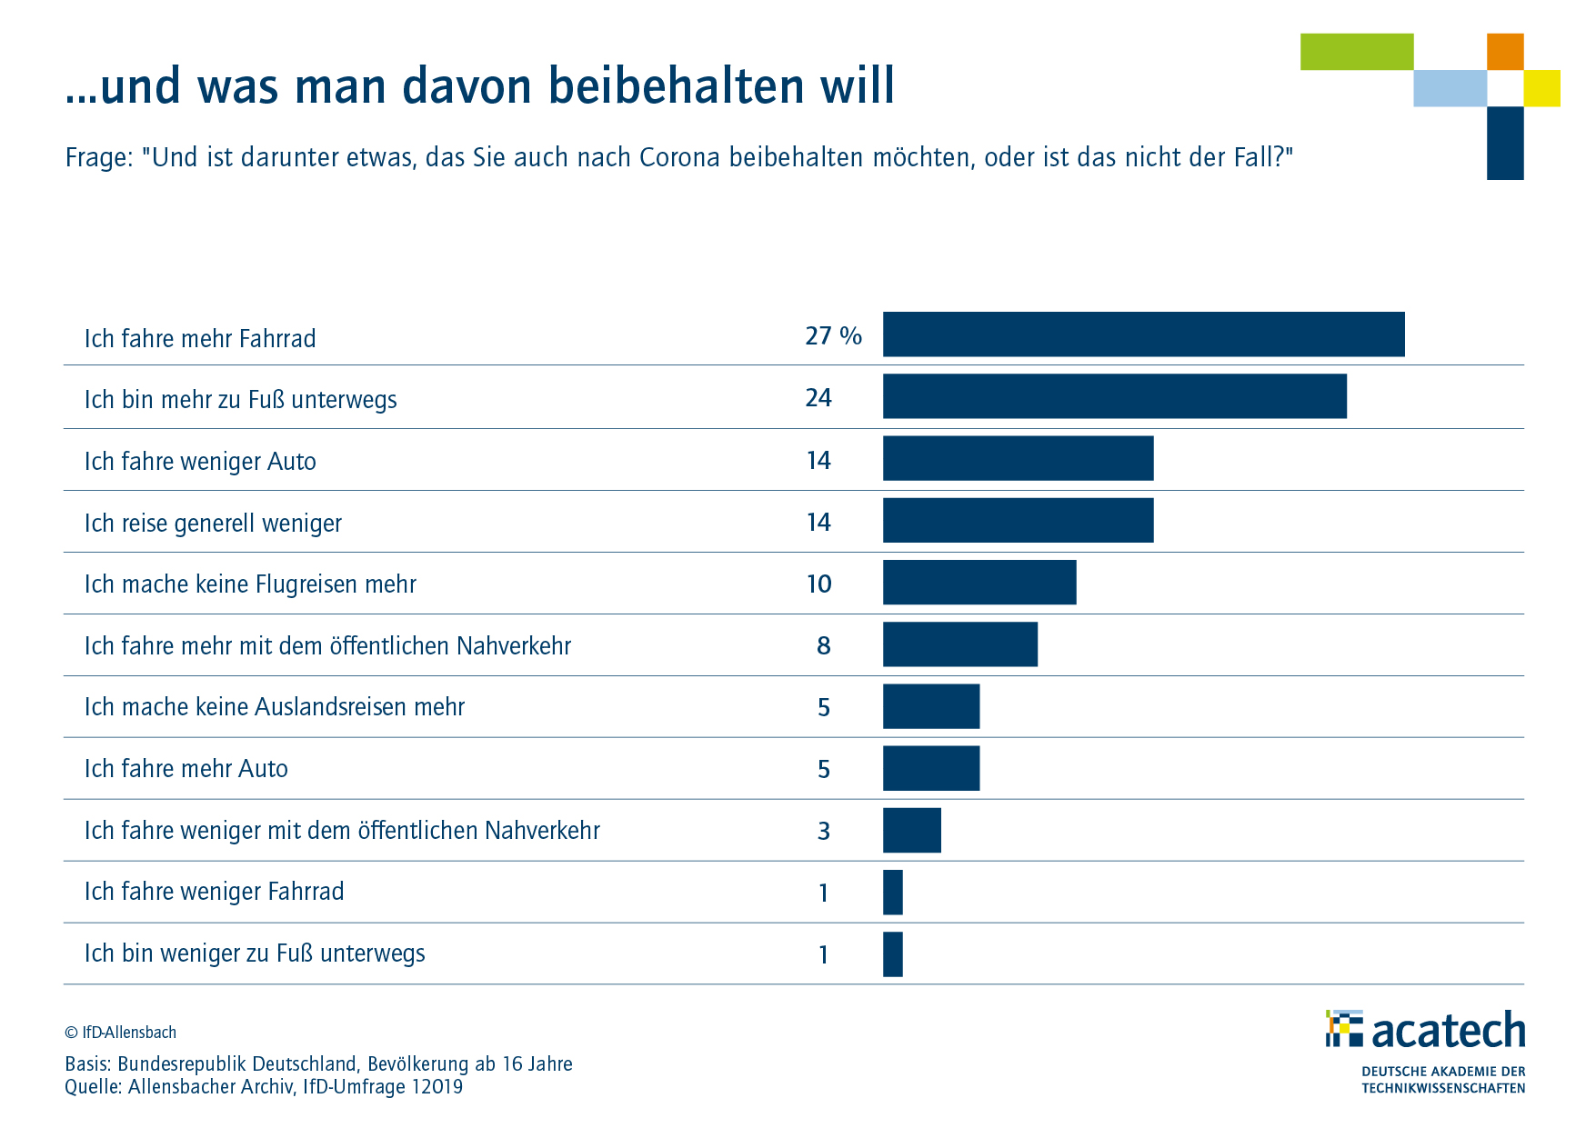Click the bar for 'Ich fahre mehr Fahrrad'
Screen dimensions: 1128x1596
(1143, 334)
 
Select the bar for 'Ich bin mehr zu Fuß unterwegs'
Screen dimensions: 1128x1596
(1114, 396)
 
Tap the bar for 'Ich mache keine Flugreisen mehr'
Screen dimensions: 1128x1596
(979, 582)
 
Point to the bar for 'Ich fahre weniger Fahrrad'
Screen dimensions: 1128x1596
(893, 892)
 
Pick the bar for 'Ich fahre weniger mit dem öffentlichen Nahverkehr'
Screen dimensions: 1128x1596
(912, 830)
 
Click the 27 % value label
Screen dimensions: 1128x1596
(833, 336)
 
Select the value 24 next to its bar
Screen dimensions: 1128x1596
(818, 398)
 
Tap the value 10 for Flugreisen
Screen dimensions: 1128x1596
(819, 584)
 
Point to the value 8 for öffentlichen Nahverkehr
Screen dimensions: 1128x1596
(824, 645)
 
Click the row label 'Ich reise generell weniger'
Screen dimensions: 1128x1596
(213, 524)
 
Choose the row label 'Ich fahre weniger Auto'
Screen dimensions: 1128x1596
(200, 462)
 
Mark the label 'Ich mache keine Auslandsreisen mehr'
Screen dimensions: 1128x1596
(274, 707)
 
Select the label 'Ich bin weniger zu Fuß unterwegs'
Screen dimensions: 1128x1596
(255, 953)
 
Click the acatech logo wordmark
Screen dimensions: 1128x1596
(1448, 1030)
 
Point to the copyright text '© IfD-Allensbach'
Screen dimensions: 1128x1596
(120, 1033)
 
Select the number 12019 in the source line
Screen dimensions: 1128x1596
(437, 1087)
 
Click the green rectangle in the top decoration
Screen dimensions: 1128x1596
(1356, 52)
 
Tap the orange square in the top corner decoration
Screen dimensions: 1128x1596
(1505, 52)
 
